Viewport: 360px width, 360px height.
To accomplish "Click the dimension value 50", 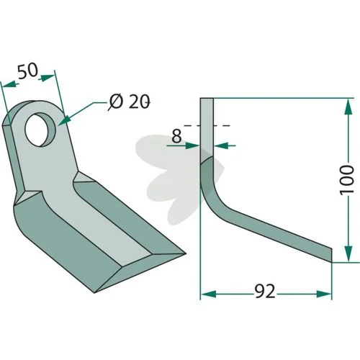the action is pyautogui.click(x=28, y=71).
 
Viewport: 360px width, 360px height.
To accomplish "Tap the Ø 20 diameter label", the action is pyautogui.click(x=130, y=102).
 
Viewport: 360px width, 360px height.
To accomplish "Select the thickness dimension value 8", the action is pyautogui.click(x=177, y=136).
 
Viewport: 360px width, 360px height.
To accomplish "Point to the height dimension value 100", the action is pyautogui.click(x=347, y=180).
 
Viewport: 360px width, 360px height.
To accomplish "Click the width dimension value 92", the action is pyautogui.click(x=265, y=292).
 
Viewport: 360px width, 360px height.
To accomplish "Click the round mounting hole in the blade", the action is pyautogui.click(x=41, y=130).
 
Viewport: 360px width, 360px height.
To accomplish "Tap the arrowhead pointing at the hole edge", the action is pyautogui.click(x=63, y=121).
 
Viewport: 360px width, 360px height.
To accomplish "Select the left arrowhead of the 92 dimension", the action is pyautogui.click(x=208, y=294).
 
